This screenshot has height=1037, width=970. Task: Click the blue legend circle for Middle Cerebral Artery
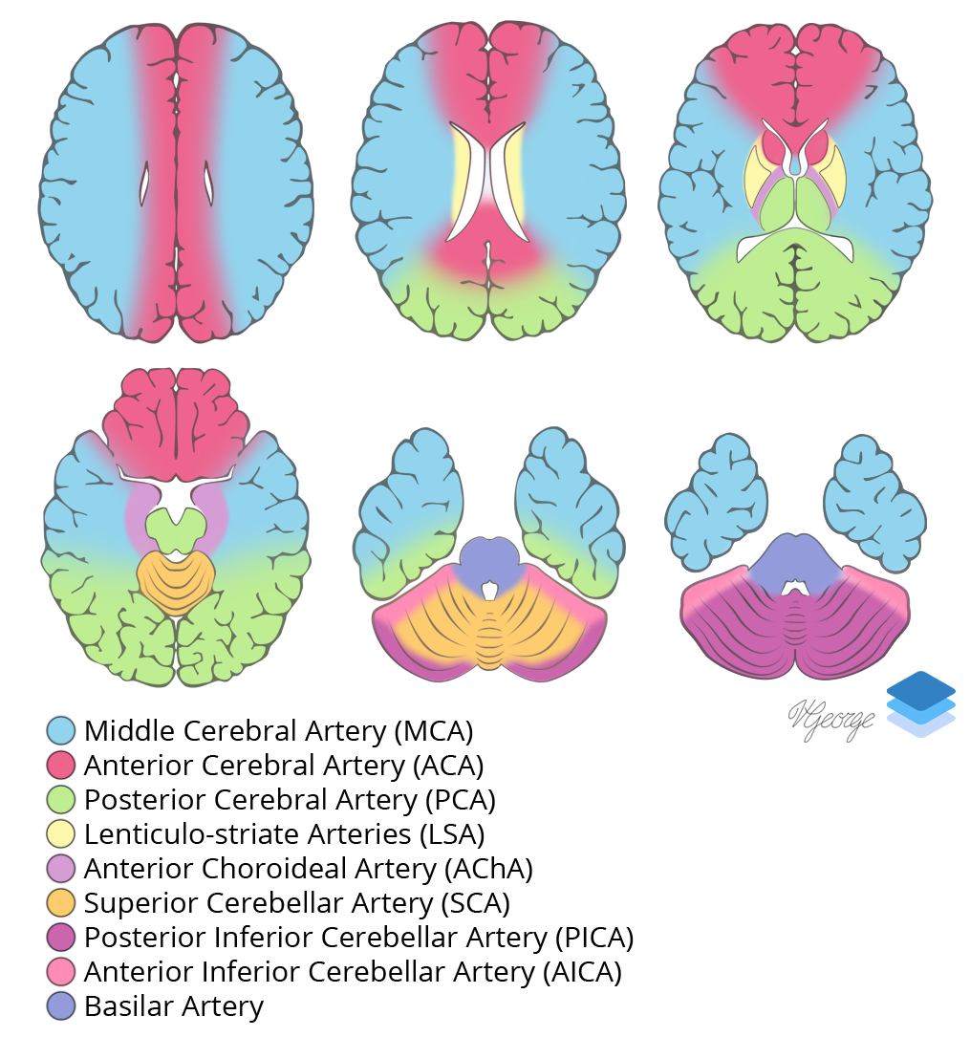(x=61, y=731)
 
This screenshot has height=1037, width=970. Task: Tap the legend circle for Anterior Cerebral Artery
(x=61, y=766)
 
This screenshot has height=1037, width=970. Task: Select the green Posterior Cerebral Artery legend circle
(x=61, y=800)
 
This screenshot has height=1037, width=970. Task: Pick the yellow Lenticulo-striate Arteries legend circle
(x=61, y=834)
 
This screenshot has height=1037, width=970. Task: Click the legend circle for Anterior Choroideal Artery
(x=61, y=869)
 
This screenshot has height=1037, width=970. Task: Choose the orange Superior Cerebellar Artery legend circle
(x=61, y=903)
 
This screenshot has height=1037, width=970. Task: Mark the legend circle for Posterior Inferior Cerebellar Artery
(x=61, y=938)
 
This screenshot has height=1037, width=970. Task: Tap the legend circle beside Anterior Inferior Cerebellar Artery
(x=61, y=972)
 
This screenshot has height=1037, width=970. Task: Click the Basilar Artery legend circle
(x=61, y=1006)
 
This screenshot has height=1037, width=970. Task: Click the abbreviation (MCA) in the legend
(x=433, y=731)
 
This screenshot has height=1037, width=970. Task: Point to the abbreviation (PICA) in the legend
(x=593, y=938)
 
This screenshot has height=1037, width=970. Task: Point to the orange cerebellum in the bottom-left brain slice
(x=176, y=580)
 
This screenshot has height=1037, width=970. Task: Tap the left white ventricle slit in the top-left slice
(x=145, y=184)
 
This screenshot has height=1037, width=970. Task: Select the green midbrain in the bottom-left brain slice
(x=176, y=528)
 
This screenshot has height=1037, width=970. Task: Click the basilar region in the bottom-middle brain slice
(x=488, y=561)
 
